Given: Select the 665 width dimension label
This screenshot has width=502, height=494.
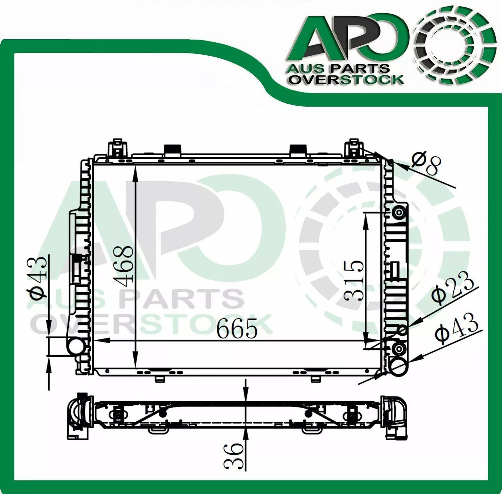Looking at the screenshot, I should point(237,328).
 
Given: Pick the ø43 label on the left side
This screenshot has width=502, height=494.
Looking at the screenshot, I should point(39,278).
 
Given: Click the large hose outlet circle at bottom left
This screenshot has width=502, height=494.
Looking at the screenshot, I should point(76,346).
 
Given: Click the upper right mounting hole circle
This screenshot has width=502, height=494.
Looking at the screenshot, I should point(399,212).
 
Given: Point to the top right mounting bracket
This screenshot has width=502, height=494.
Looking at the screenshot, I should point(353,148).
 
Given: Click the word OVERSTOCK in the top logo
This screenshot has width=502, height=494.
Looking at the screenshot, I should point(346,80).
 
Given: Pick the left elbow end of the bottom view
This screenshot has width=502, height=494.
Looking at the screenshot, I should point(78,415).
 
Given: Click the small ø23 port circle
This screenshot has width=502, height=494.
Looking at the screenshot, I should point(403,330).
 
